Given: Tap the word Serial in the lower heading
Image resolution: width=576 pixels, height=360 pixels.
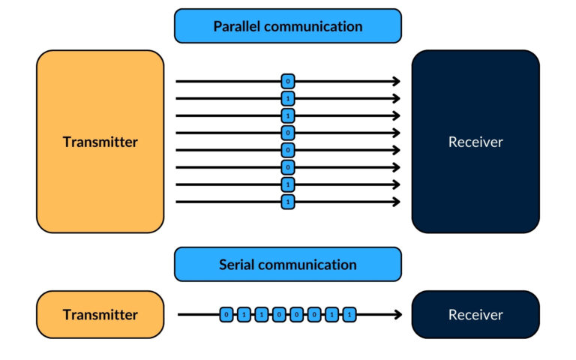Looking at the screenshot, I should coord(237,265).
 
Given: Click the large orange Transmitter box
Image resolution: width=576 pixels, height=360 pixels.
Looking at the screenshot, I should coord(100,142).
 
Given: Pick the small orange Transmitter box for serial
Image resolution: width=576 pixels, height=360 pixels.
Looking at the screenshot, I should coord(100,315).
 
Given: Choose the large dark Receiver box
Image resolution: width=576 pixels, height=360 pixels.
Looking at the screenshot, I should coord(475,142).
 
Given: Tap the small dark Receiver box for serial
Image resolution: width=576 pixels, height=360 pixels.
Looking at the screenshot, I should coord(475,315).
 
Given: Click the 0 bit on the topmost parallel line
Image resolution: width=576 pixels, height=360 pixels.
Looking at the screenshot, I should coord(288,81).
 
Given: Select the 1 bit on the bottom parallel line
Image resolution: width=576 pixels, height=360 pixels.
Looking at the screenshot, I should coord(288,202).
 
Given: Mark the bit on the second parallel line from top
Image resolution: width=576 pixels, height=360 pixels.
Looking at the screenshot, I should coord(288,98).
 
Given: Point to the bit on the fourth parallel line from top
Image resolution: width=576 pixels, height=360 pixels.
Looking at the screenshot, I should coord(288,133).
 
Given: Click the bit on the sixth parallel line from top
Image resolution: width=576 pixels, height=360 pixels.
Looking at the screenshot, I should coord(288,167).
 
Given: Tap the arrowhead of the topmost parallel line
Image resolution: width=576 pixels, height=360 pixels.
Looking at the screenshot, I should coord(396,81).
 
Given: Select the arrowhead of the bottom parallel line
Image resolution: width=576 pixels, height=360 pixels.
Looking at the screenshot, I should coord(396,202).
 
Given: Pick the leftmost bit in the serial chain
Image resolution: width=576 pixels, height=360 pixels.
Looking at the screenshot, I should coord(226,315).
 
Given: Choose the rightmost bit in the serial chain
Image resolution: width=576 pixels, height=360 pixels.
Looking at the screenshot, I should coord(349,315).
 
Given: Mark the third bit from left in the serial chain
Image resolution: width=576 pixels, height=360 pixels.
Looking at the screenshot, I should coord(261,315).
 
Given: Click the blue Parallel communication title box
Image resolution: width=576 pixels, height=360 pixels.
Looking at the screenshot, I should coord(288,26).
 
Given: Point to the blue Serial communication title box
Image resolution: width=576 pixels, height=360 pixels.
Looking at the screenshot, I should coord(288,265).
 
